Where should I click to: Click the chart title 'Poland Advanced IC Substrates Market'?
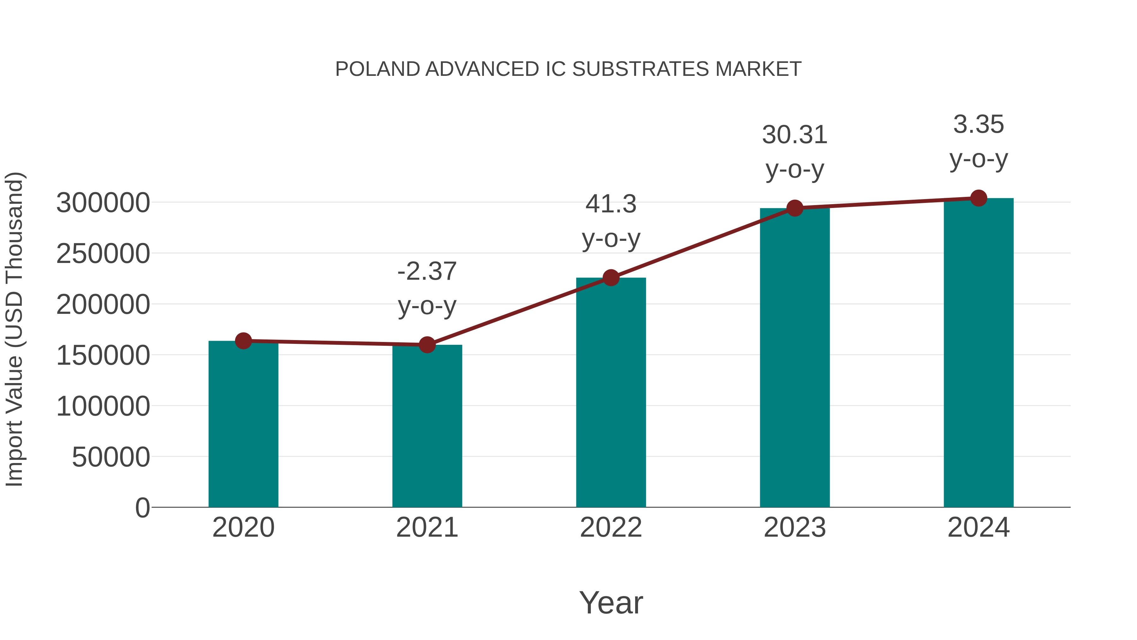568,69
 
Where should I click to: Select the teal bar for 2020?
243,424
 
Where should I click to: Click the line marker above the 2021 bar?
427,344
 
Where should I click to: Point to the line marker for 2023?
795,208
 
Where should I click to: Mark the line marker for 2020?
243,340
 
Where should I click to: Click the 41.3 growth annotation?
611,204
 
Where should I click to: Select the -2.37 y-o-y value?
427,271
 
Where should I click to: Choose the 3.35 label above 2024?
978,125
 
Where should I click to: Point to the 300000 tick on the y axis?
103,203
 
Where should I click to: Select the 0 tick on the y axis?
142,508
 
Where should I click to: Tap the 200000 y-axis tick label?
103,305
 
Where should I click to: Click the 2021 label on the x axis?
427,527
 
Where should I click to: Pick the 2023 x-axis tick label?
795,527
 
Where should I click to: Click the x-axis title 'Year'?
611,602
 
